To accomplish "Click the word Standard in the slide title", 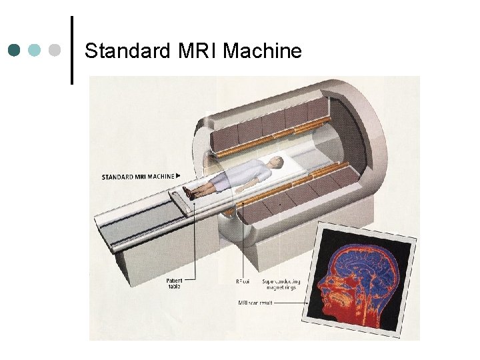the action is (126, 51).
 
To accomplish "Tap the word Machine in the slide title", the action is (263, 51).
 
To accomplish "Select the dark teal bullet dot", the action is (15, 51).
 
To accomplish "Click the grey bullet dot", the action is (55, 51).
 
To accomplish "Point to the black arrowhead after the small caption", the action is (178, 176).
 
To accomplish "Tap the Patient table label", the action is (175, 284).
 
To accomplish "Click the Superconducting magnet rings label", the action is (281, 284).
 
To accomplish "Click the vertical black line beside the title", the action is (71, 50).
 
